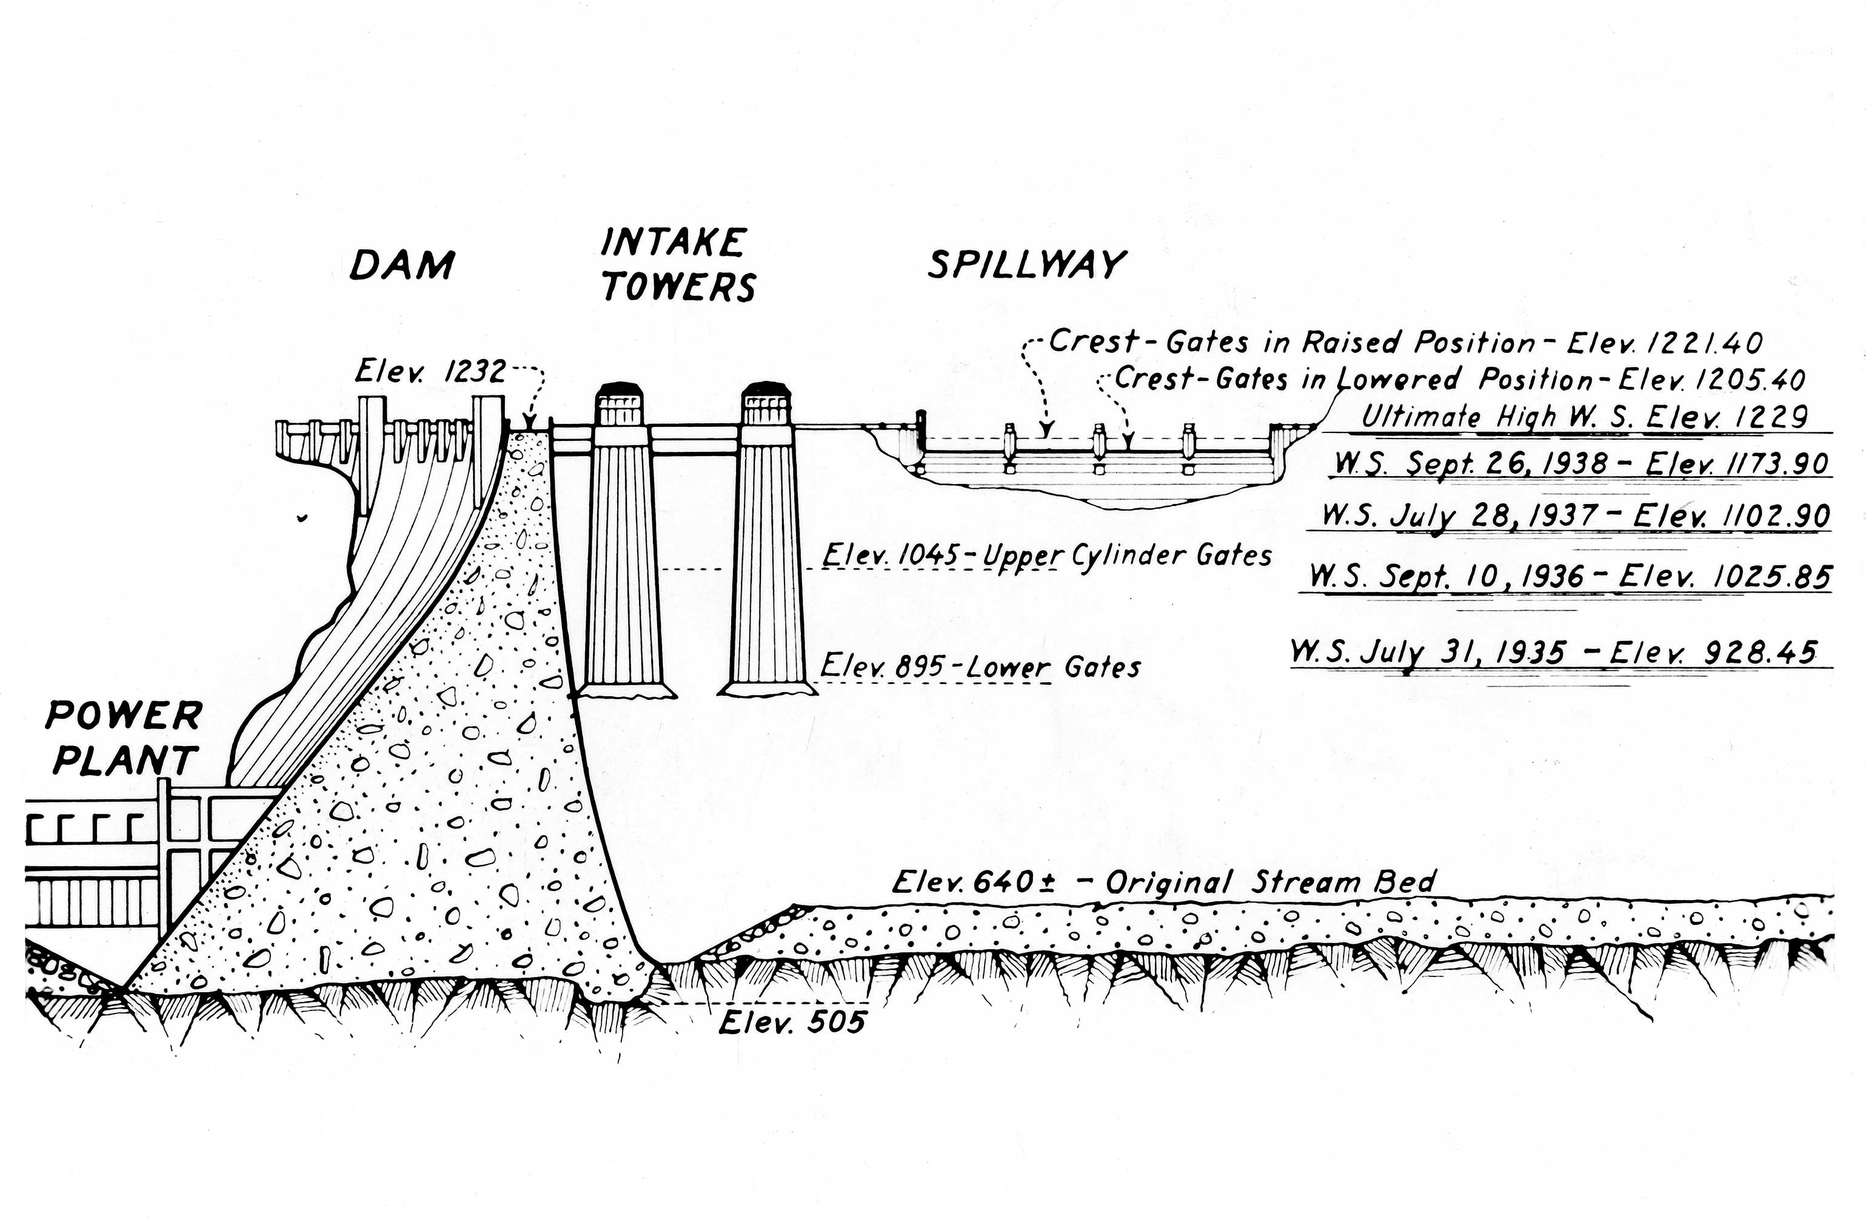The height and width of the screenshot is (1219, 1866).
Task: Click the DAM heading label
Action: (x=401, y=264)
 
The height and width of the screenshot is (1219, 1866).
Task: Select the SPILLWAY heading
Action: (x=1026, y=265)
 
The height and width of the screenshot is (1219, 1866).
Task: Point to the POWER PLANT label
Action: (x=124, y=737)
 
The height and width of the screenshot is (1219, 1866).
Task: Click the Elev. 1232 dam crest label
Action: (x=430, y=371)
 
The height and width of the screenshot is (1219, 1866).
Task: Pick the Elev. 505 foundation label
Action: (x=792, y=1022)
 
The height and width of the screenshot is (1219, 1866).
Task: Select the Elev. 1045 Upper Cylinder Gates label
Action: (x=1047, y=556)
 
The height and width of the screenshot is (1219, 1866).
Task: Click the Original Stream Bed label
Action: (x=1165, y=882)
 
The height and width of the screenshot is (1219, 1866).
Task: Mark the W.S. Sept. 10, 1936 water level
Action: (x=1570, y=577)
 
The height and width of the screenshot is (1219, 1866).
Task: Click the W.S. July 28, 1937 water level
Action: (x=1576, y=515)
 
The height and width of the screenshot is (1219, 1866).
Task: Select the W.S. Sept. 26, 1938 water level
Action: (x=1582, y=463)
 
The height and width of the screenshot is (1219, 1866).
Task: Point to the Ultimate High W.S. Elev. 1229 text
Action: (x=1583, y=417)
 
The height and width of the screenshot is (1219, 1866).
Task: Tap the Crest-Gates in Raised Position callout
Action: (x=1405, y=343)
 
